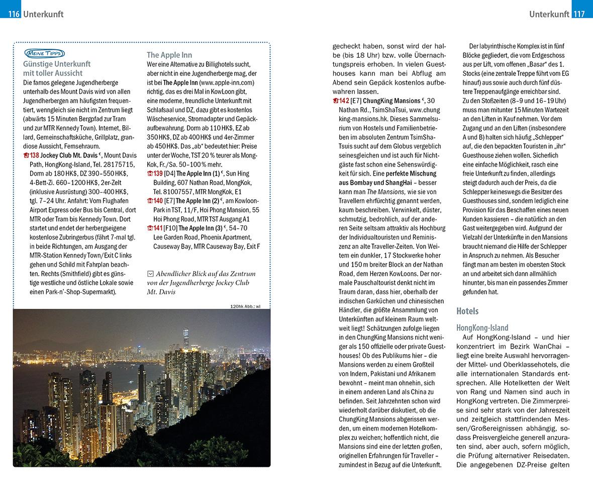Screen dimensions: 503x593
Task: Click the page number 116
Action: point(14,14)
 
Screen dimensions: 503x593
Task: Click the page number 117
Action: point(579,14)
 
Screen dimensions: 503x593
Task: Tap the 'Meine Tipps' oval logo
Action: point(44,53)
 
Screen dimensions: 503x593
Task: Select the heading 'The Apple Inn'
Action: point(169,55)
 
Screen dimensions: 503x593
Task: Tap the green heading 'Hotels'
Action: point(467,311)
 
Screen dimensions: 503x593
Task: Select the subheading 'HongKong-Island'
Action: point(482,327)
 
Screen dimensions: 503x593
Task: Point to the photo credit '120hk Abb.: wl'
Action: point(245,306)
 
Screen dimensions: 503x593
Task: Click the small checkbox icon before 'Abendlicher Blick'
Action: point(150,274)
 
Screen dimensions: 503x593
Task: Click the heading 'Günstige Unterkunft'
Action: point(57,64)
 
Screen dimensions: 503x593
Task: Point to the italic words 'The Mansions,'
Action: point(386,192)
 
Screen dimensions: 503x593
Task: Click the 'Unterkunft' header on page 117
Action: point(549,14)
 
